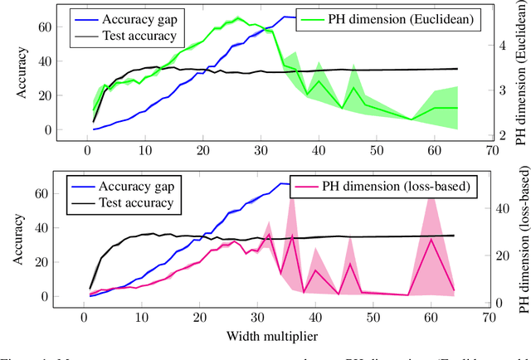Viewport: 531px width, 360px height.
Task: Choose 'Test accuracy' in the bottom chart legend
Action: click(x=137, y=202)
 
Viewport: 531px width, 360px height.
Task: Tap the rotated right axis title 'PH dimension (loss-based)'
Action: click(x=522, y=241)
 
